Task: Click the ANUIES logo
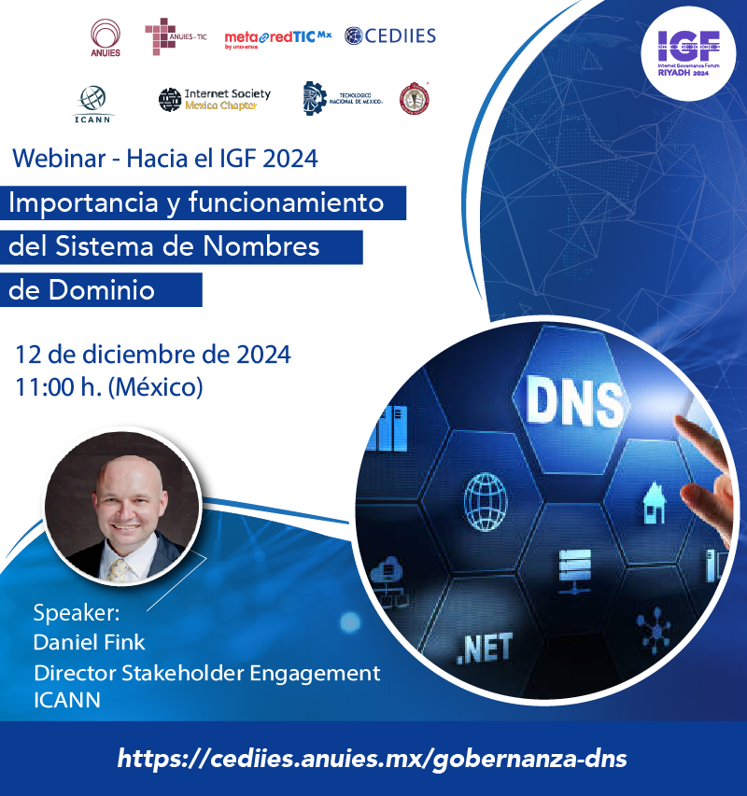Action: click(x=105, y=38)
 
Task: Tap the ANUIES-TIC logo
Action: click(x=175, y=37)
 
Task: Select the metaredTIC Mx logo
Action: click(x=277, y=38)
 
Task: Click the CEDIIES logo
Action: click(x=389, y=36)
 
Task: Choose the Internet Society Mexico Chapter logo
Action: click(x=214, y=99)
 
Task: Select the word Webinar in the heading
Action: click(x=54, y=159)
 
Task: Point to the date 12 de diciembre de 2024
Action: click(x=152, y=355)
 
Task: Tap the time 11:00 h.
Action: click(x=58, y=386)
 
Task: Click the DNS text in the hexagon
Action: click(x=574, y=402)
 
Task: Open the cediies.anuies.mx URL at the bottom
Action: click(x=373, y=758)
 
